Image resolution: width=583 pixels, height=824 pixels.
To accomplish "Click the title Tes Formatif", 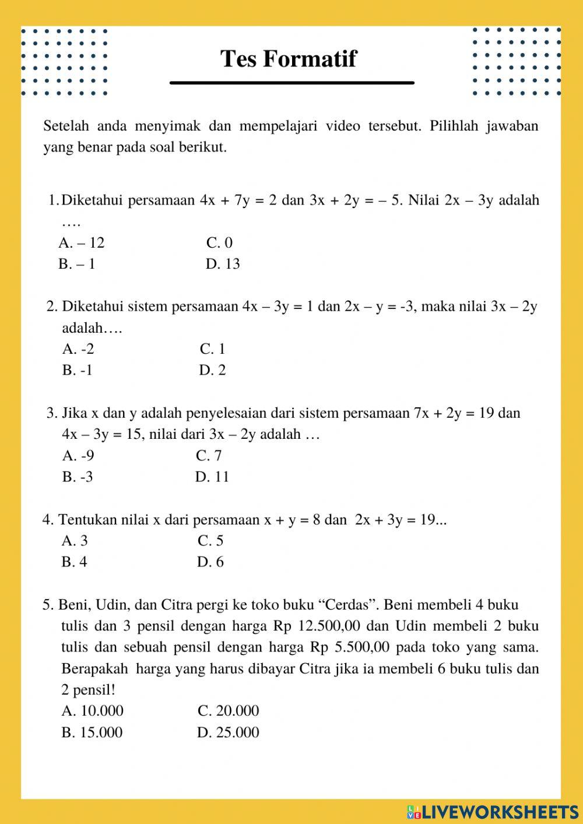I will [288, 59].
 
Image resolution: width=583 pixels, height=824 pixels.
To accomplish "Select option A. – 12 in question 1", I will [81, 243].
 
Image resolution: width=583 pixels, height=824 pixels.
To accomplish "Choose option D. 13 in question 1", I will [223, 264].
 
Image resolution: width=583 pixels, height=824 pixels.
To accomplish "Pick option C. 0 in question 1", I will [219, 243].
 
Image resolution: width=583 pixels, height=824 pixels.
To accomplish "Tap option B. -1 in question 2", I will [77, 370].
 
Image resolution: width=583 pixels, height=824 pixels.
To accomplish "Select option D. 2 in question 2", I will [212, 370].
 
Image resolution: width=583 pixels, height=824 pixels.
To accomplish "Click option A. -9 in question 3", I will [78, 456].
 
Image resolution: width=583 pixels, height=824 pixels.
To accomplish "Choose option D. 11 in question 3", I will [212, 477].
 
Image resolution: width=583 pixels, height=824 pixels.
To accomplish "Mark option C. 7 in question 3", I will [209, 456].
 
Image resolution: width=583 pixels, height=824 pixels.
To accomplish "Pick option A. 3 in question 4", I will [75, 541].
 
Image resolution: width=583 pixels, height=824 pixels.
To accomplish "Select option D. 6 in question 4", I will [210, 562].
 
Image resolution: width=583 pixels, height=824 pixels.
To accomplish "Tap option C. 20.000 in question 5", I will [228, 711].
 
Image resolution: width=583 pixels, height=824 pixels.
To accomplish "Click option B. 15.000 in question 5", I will [92, 733].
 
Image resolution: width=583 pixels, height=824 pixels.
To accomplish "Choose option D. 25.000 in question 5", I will [228, 733].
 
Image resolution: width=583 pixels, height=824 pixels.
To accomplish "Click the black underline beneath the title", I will [291, 83].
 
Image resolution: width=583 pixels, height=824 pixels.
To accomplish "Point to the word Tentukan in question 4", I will [87, 520].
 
